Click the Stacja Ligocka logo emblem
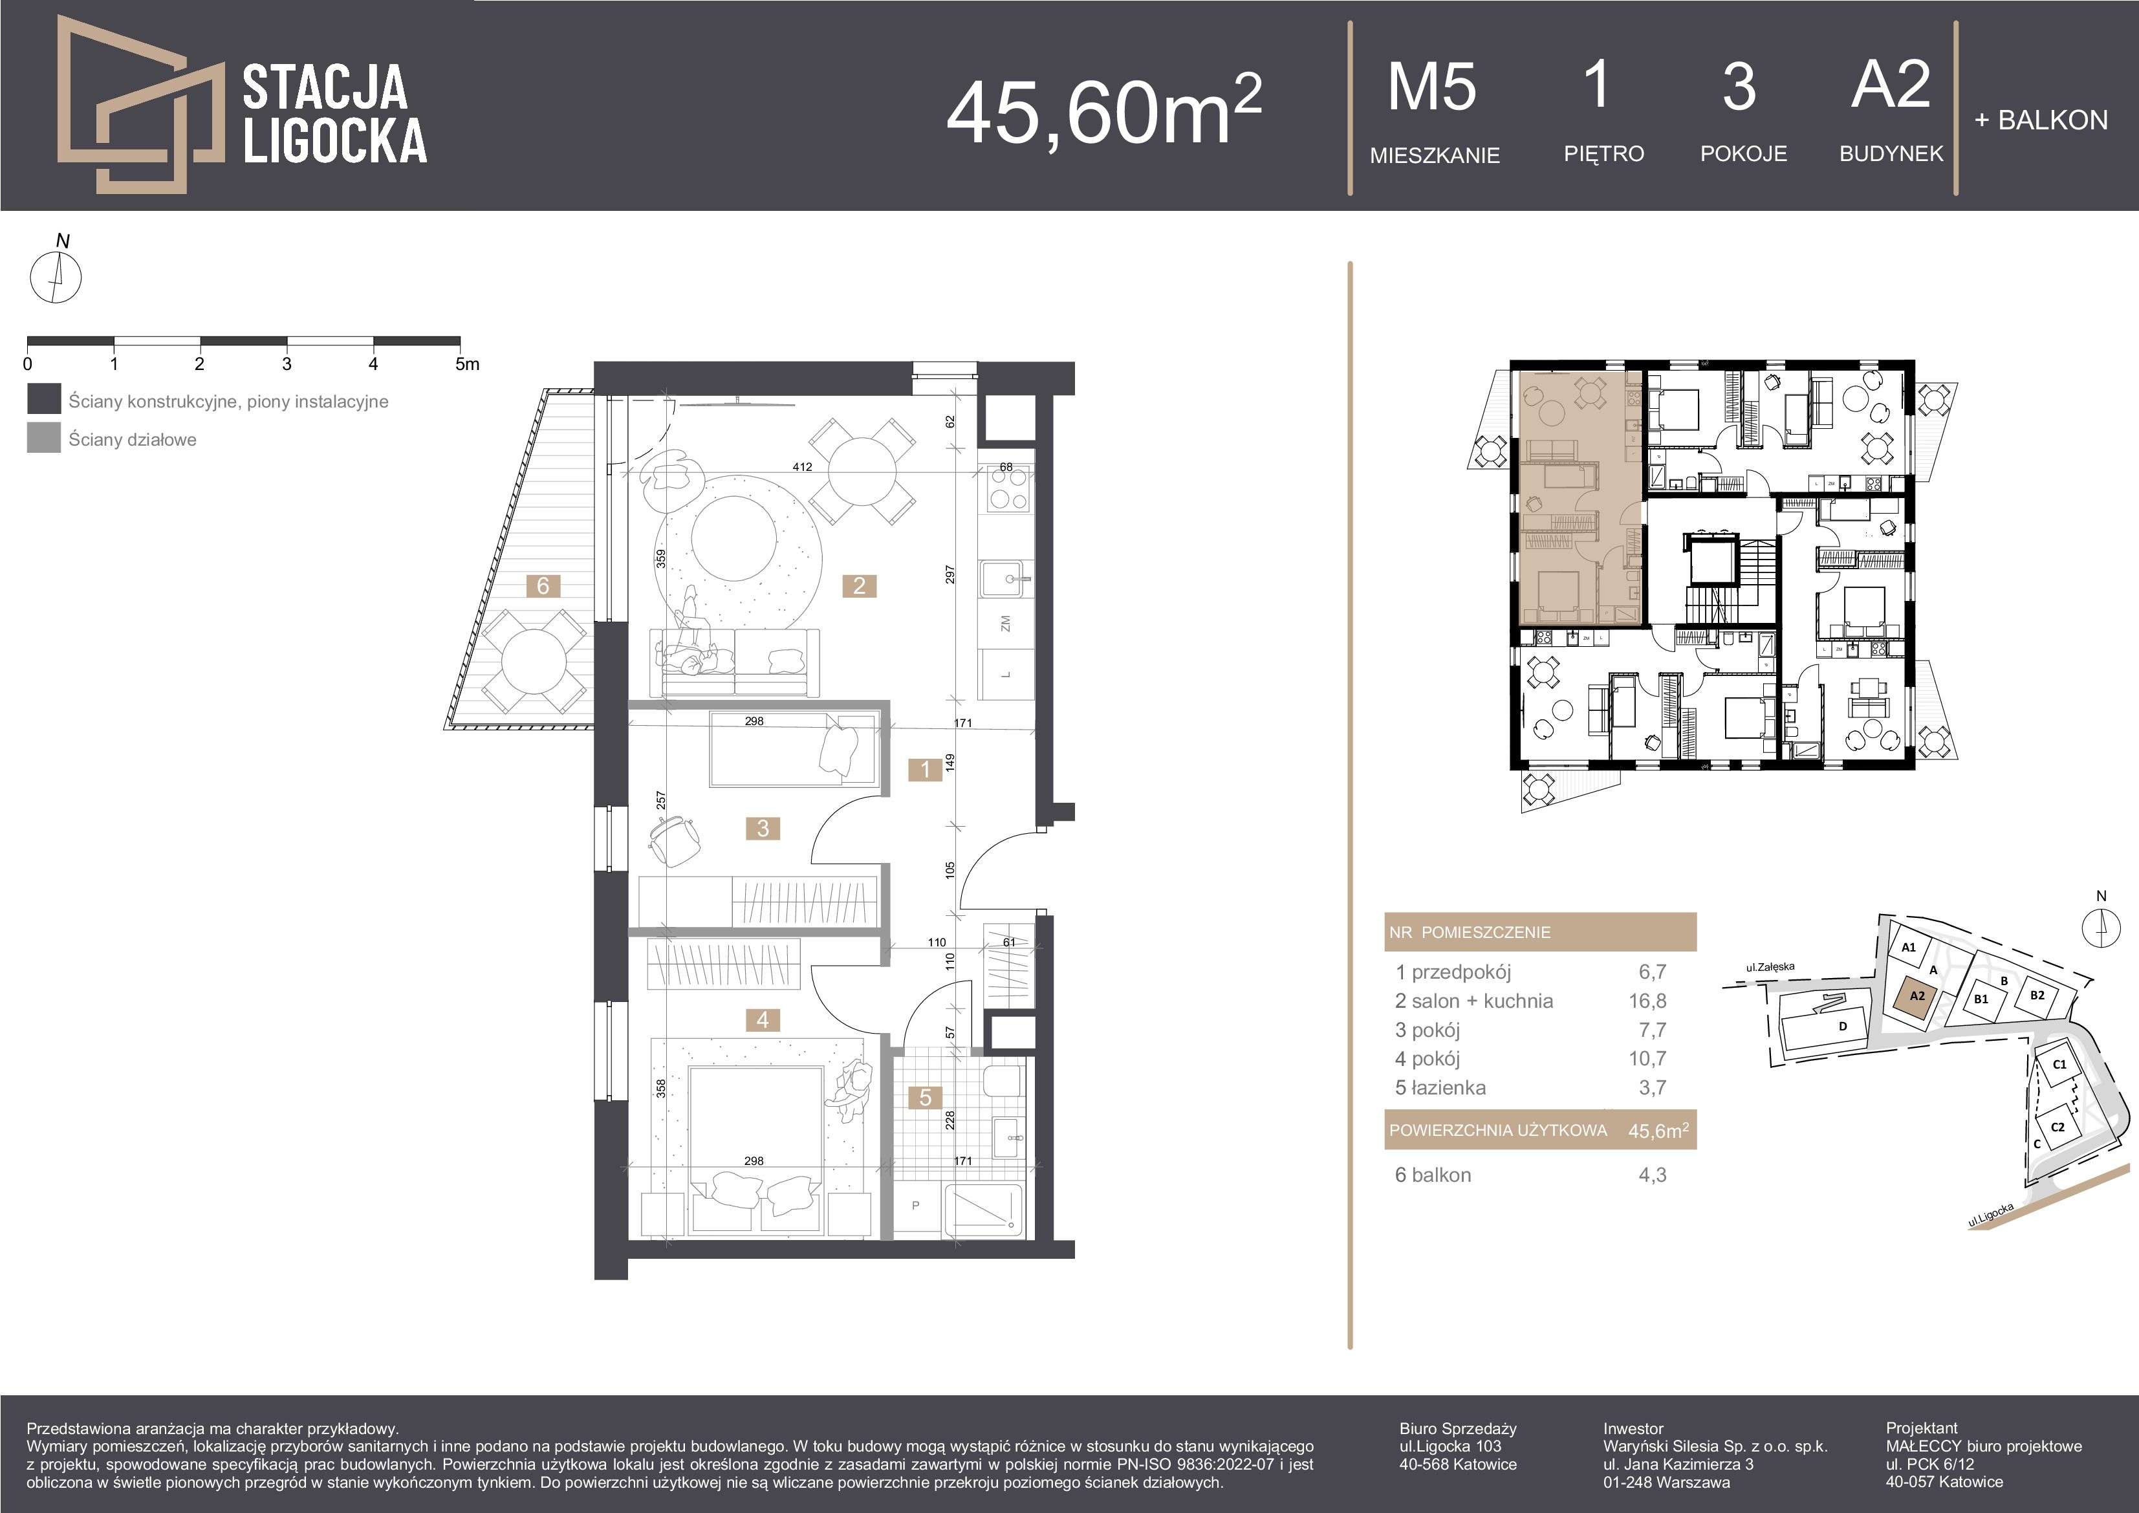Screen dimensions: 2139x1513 pos(140,104)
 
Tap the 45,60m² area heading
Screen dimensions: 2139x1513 pos(1104,111)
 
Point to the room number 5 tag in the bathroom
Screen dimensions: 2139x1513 pos(925,1098)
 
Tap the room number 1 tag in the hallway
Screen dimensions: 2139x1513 pos(925,770)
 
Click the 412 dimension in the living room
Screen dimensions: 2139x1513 pos(802,467)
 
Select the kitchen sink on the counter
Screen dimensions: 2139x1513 pos(1006,580)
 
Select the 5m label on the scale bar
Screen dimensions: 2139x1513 pos(467,364)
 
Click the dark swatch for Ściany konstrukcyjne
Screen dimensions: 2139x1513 pos(44,398)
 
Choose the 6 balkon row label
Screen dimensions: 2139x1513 pos(1433,1175)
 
